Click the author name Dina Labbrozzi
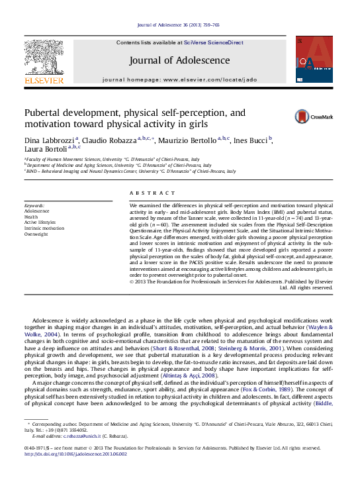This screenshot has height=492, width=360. tap(50, 140)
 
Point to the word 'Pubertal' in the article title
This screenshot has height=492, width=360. tap(43, 113)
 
